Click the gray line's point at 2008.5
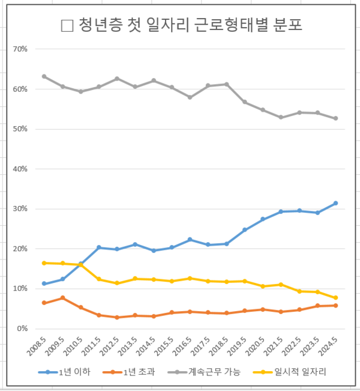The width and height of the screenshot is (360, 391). point(44,76)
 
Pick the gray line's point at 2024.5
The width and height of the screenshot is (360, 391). point(335,118)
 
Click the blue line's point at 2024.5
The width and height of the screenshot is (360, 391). point(335,203)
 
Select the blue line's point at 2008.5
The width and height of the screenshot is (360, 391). point(44,283)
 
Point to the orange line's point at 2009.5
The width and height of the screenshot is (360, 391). point(62,298)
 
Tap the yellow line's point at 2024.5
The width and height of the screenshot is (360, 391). point(335,298)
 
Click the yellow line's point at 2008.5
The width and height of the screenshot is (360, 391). point(44,263)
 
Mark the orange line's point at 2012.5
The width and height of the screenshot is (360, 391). point(117,317)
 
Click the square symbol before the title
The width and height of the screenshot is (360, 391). point(67,26)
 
